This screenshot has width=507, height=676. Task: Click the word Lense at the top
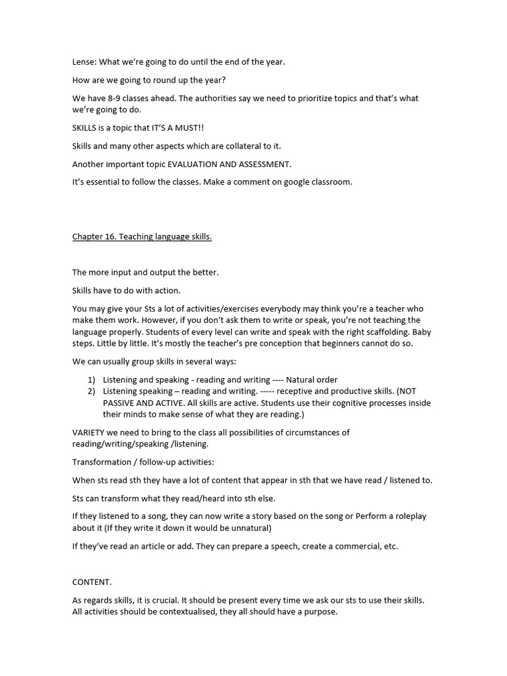pos(84,62)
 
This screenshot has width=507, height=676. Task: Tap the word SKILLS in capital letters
pos(85,127)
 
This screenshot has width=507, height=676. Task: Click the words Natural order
pos(312,380)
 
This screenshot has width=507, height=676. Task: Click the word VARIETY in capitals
pos(90,432)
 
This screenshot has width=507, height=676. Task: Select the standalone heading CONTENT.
pos(92,582)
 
